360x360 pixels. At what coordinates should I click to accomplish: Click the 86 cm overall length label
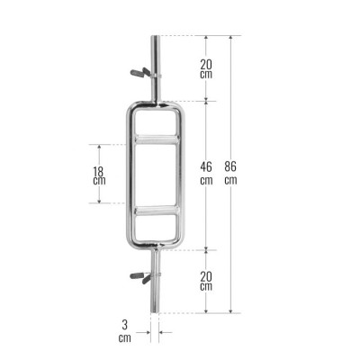[230, 173]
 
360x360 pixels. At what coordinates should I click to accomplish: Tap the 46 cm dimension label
[206, 173]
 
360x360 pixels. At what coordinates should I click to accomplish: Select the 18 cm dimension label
[99, 175]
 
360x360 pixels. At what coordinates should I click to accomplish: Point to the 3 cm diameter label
[125, 331]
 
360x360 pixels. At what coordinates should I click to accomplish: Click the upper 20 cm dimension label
[206, 68]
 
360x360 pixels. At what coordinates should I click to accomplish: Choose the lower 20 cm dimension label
[206, 281]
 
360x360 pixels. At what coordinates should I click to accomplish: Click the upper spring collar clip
[145, 74]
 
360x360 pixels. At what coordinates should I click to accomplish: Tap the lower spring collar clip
[145, 276]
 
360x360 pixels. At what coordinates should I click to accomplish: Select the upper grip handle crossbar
[157, 139]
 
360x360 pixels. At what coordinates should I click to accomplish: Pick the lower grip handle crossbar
[157, 210]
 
